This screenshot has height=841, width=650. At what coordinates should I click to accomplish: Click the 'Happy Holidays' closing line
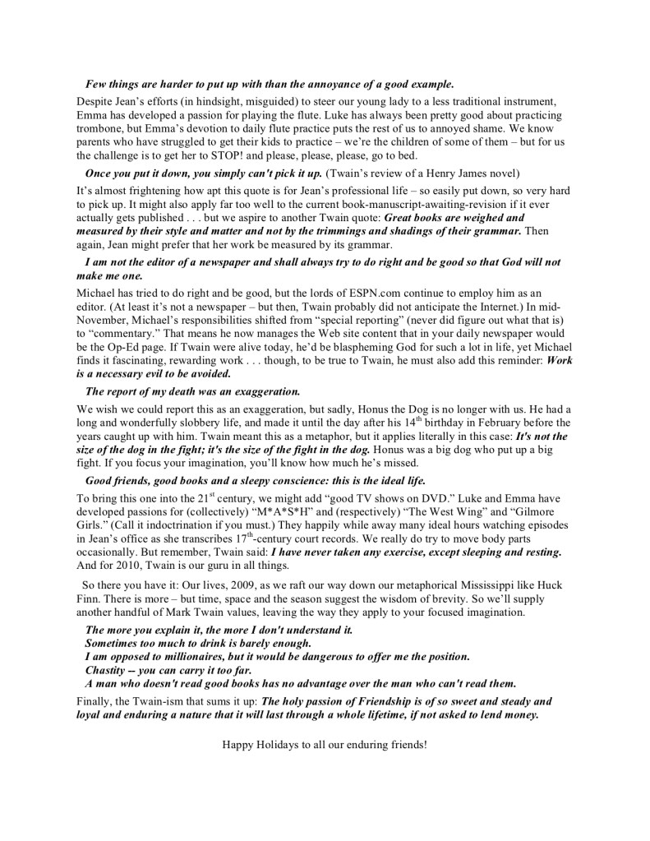point(325,746)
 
